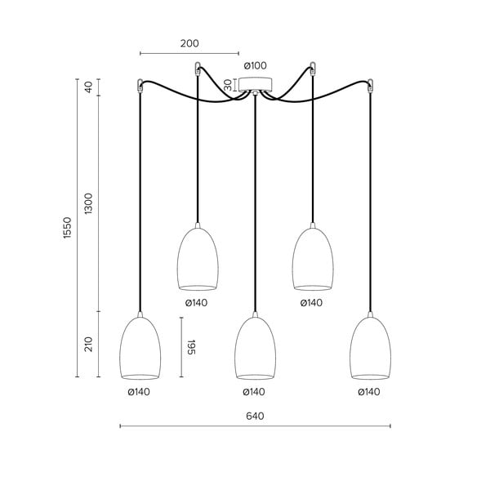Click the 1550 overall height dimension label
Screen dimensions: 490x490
tap(69, 229)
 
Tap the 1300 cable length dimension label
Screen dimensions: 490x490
tap(89, 204)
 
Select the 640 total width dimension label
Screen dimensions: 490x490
tap(255, 416)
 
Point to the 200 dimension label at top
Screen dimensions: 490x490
tap(189, 44)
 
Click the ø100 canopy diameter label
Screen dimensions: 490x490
tap(255, 65)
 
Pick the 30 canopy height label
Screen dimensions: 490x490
tap(229, 84)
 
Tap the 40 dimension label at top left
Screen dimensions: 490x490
tap(89, 87)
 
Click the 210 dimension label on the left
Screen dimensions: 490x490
tap(89, 344)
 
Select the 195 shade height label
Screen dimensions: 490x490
tap(193, 347)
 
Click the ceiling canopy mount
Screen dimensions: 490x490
tap(256, 84)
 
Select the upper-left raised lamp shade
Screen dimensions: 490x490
tap(198, 260)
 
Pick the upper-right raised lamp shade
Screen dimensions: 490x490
tap(313, 260)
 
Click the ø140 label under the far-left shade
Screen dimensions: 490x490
tap(139, 391)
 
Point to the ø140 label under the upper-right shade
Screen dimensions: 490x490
tap(311, 303)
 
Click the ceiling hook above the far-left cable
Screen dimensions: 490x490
tap(140, 82)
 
